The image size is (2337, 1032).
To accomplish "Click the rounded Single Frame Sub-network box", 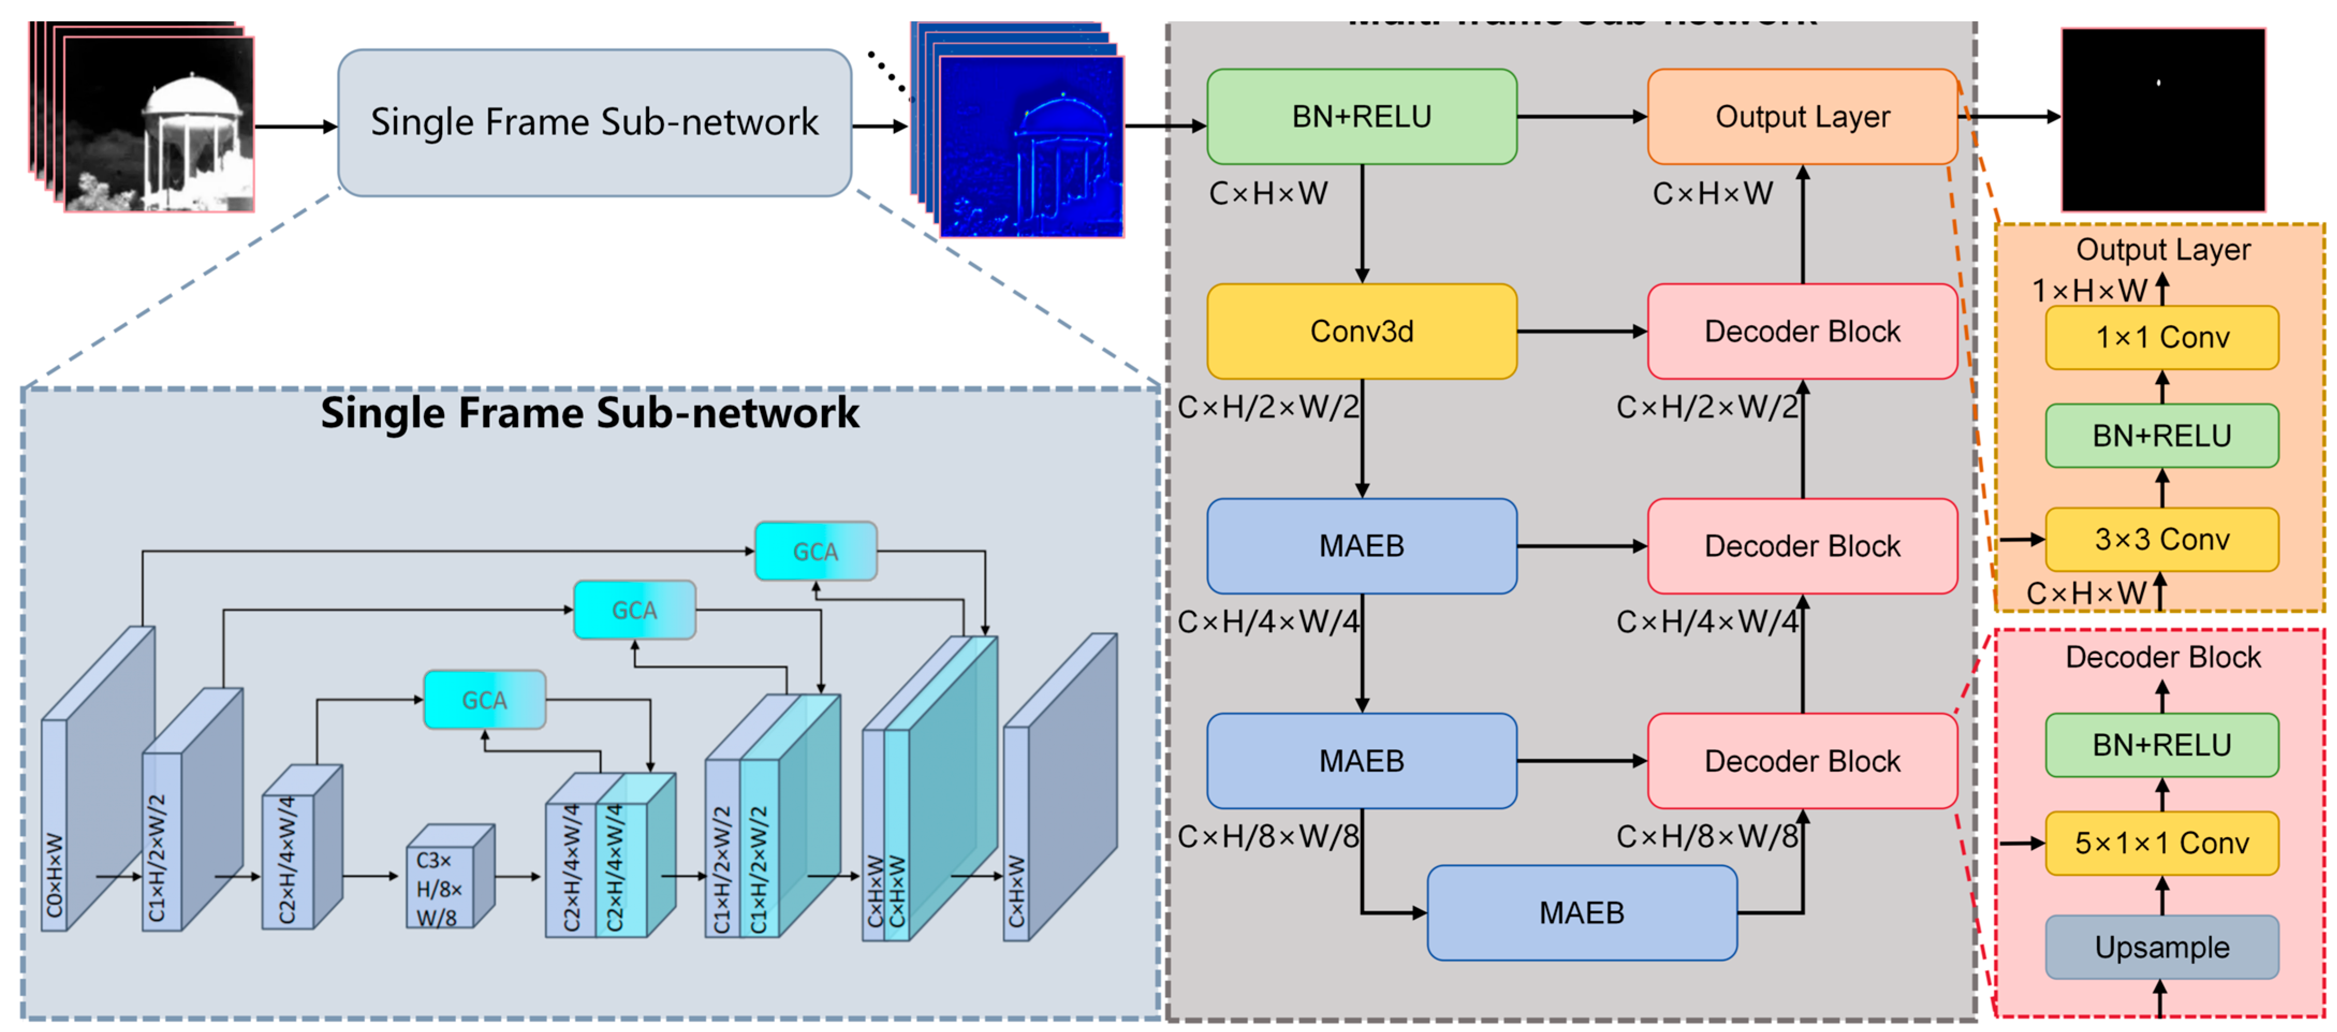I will coord(594,122).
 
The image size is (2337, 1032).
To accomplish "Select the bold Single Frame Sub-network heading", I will coord(590,413).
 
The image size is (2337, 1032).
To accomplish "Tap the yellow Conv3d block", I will coord(1361,331).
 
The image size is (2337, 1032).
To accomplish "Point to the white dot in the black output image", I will coord(2158,83).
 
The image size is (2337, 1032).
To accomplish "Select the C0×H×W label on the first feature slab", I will coord(54,876).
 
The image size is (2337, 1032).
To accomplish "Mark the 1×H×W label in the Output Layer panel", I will coord(2089,290).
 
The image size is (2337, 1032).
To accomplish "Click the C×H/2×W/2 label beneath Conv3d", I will coord(1268,407).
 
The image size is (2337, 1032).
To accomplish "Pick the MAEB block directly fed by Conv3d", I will coord(1361,545).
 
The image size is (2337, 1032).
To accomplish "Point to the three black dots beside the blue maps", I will coord(886,71).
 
